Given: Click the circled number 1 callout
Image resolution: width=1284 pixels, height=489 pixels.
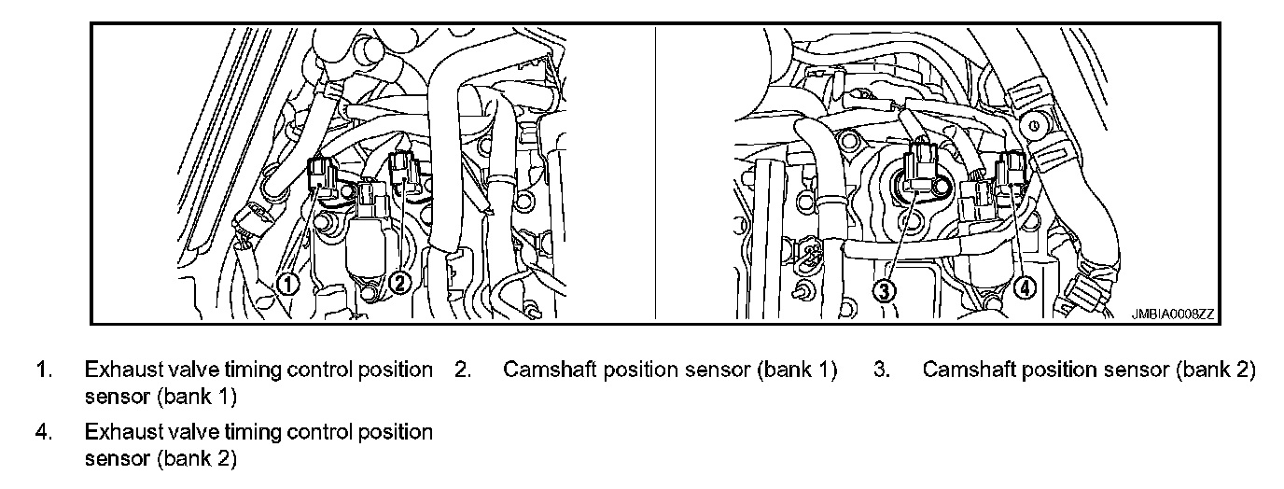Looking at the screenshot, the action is click(x=289, y=283).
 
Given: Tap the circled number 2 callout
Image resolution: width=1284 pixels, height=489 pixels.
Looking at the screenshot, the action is click(x=400, y=283).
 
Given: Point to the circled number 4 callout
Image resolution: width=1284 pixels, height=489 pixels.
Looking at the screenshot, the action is click(x=1024, y=288).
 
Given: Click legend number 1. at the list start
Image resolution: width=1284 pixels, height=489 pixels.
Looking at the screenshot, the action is click(x=43, y=370).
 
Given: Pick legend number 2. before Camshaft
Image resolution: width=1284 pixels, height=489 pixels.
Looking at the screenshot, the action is click(x=462, y=370).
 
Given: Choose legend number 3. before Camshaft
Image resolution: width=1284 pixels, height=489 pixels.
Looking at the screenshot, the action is click(x=881, y=370).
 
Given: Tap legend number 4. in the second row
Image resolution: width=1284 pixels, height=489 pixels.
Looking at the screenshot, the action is click(x=43, y=433).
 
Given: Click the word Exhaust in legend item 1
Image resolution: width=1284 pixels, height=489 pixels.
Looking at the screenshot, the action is click(x=118, y=370).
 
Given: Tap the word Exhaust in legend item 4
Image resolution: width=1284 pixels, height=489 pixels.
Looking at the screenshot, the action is click(x=118, y=433).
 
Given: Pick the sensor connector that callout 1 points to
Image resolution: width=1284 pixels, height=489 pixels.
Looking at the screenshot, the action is click(x=322, y=175).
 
